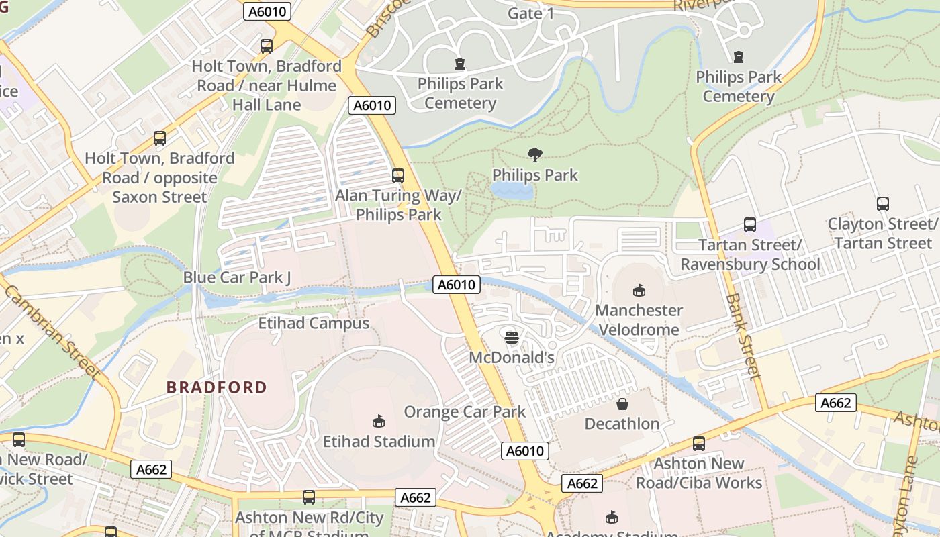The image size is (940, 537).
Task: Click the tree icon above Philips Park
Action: [x=535, y=156]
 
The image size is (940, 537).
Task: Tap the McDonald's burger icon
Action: [x=512, y=338]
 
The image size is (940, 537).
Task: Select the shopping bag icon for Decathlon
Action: [x=622, y=404]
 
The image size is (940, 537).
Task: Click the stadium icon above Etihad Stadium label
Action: [x=379, y=422]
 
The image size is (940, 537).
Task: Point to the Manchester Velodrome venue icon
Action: [x=639, y=291]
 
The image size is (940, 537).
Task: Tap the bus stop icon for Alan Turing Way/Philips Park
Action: [x=398, y=176]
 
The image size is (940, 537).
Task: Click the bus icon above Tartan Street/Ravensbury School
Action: [x=750, y=225]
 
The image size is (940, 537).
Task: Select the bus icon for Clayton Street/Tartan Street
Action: [x=883, y=204]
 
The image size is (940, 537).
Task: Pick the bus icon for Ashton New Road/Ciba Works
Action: [x=699, y=444]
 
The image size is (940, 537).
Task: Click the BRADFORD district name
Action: [x=217, y=387]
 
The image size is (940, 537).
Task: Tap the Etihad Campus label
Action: [x=314, y=323]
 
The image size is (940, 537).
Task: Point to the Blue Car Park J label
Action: [x=237, y=277]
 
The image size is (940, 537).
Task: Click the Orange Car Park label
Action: [x=465, y=411]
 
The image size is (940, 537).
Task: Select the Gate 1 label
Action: [x=531, y=13]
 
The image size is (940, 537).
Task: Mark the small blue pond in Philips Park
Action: [x=512, y=191]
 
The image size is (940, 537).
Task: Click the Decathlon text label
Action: [x=622, y=424]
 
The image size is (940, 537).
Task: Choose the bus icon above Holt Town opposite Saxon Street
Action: [x=160, y=138]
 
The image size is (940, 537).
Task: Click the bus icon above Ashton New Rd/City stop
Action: [x=309, y=498]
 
